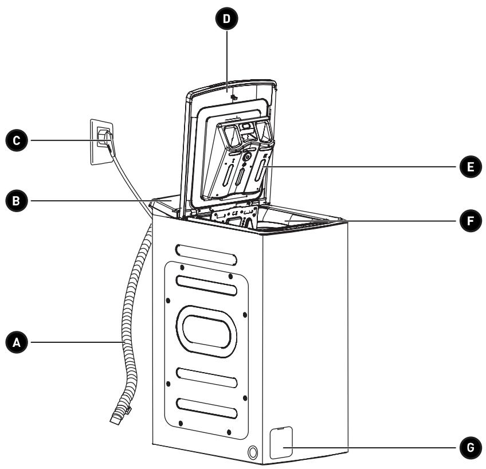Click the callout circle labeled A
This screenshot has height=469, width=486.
tap(17, 342)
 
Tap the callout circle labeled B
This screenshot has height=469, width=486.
tap(17, 201)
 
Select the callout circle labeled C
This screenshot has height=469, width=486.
tap(17, 140)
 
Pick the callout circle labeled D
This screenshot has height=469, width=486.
tap(226, 18)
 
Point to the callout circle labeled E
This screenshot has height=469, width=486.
tap(471, 167)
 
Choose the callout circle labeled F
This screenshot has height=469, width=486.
tap(471, 221)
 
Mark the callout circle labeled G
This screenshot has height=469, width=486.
tap(471, 447)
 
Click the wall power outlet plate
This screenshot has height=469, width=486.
tap(101, 142)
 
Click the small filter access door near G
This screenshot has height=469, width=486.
tap(281, 443)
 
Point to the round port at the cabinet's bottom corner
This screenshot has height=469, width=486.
tap(253, 452)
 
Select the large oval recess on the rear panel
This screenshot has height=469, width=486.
tap(206, 331)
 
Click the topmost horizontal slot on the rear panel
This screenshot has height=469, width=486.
tap(206, 255)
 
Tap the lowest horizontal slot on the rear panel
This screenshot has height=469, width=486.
tap(207, 408)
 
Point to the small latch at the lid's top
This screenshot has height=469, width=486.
tap(234, 97)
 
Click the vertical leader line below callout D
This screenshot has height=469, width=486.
tap(227, 61)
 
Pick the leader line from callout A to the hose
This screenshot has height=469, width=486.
tap(76, 342)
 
